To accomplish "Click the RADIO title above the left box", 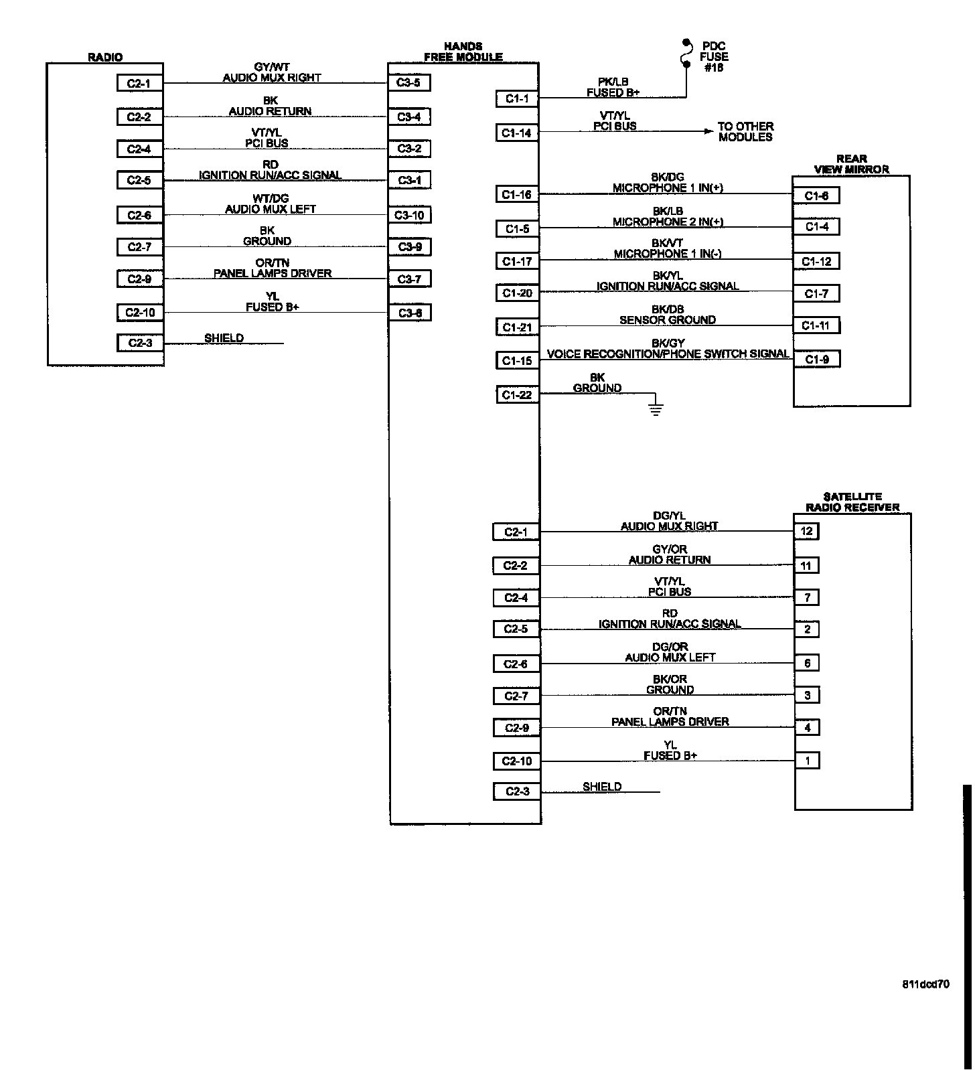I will pos(105,58).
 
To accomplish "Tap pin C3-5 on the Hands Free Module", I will pos(409,83).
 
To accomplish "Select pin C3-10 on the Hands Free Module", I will pos(409,215).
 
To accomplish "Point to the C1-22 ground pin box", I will pos(517,394).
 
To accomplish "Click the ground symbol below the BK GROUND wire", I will pos(656,408).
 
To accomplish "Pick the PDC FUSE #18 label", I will pos(714,57).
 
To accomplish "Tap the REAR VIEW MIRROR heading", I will pos(851,164).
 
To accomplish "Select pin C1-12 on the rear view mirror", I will pos(817,261).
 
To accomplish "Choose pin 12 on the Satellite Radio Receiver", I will pos(806,531).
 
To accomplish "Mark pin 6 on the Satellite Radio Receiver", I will pos(807,663).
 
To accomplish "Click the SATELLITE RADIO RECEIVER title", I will pos(852,502).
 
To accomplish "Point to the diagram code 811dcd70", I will pos(925,984).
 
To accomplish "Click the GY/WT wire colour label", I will pos(271,67).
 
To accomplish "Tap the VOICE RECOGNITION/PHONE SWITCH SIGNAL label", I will pos(668,354).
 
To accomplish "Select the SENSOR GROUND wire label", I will pos(667,320).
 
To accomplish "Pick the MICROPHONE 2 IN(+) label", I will pos(668,222).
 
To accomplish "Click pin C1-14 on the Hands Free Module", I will pos(517,133).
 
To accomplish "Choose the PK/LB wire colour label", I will pos(613,82).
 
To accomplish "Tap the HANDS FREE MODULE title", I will pos(463,52).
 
